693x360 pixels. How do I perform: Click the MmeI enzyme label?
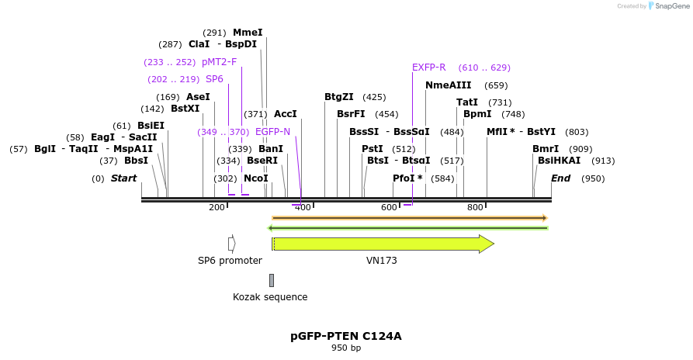tap(248, 33)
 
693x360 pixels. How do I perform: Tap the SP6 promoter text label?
tap(230, 261)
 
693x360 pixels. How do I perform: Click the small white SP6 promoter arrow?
tap(231, 244)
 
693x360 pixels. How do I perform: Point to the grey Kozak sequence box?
tap(272, 280)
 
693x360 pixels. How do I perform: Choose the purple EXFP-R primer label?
tap(428, 67)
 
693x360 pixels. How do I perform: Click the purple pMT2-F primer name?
tap(219, 62)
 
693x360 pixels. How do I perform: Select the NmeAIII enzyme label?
tap(448, 85)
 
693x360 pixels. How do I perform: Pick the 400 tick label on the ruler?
tap(303, 207)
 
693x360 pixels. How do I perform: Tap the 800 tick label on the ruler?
tap(475, 207)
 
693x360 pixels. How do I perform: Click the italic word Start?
tap(123, 178)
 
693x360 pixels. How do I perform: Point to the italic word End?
tap(560, 178)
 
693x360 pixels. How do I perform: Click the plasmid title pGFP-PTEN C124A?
tap(346, 336)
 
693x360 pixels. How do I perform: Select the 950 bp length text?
tap(346, 348)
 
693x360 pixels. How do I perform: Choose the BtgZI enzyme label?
tap(338, 97)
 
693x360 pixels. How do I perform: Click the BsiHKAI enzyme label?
tap(559, 161)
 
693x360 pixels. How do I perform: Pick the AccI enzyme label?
tap(285, 114)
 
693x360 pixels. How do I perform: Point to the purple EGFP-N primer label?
tap(272, 132)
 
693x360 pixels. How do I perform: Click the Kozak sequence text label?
tap(270, 297)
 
